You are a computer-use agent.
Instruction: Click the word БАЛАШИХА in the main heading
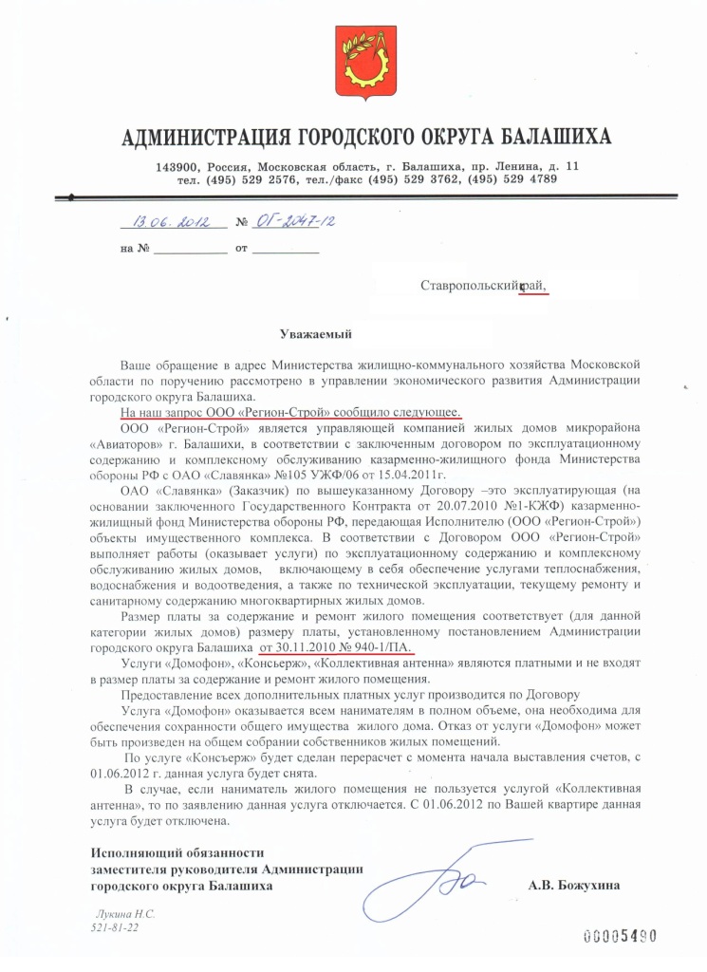[x=550, y=138]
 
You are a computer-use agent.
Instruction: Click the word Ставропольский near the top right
[x=469, y=285]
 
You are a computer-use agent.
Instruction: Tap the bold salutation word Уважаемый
[x=316, y=333]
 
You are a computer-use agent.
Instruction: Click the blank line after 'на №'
[x=190, y=251]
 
